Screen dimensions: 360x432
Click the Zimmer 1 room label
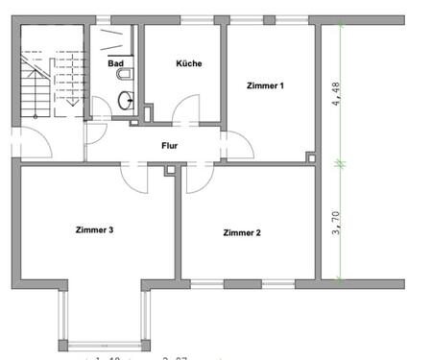265,86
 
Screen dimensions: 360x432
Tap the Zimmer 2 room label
242,232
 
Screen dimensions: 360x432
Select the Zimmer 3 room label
95,229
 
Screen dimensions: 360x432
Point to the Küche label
188,63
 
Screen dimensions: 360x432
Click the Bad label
116,63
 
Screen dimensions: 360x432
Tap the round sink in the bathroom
126,99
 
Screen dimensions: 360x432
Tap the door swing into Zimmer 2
199,179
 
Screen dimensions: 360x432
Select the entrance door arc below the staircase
36,144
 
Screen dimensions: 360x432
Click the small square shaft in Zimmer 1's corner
309,156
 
